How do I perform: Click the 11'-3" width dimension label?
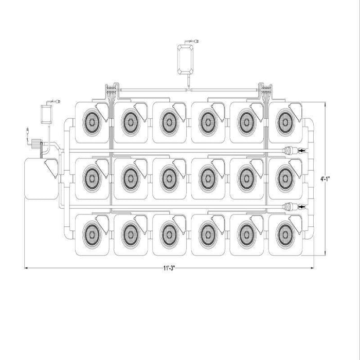[169, 268]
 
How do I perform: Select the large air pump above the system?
[185, 60]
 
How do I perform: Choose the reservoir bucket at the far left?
[41, 178]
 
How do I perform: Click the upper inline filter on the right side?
[289, 151]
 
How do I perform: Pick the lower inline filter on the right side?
[289, 207]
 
